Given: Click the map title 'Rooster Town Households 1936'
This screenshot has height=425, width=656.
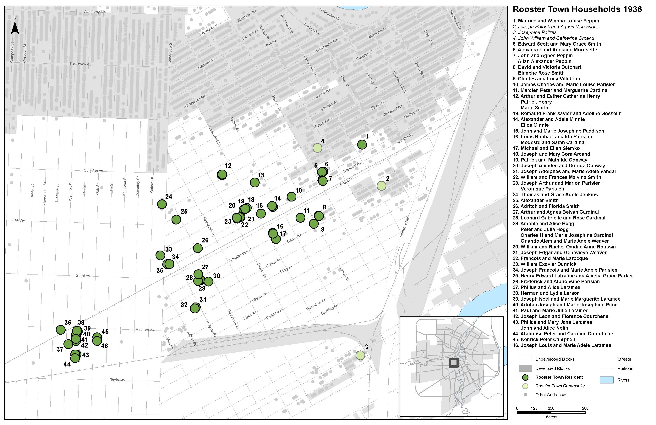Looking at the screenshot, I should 577,9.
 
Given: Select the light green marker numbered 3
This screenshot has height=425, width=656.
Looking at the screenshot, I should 360,355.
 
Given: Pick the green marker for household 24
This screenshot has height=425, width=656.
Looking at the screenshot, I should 162,204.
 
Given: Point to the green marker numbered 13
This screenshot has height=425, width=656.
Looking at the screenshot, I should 255,182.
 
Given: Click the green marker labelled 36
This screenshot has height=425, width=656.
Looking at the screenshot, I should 61,330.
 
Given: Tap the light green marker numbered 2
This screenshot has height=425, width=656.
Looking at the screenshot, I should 381,186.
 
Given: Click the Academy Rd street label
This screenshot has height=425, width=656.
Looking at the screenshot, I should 95,12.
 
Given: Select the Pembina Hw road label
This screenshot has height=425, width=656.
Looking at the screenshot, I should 404,227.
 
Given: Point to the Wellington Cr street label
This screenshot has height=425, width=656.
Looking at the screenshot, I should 329,14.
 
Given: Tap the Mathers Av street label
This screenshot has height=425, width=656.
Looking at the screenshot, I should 145,330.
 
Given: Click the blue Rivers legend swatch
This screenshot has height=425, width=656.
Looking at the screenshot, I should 606,380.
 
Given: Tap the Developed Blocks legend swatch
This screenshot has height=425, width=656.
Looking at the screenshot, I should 525,368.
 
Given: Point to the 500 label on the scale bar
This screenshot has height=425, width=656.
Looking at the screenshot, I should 585,408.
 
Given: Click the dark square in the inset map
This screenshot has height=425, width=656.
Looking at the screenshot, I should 454,363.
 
